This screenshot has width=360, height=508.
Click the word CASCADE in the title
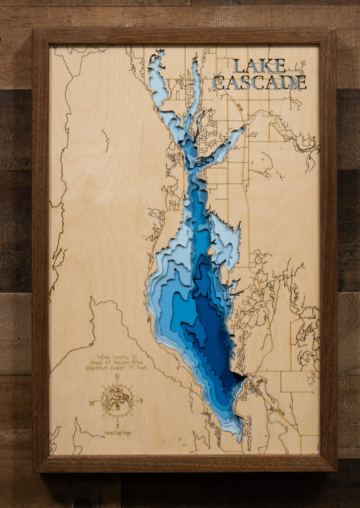(259, 82)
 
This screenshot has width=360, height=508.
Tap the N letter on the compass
(117, 376)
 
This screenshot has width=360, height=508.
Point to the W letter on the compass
(92, 401)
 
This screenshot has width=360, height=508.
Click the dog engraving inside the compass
(117, 400)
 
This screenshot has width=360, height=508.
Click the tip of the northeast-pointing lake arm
(242, 130)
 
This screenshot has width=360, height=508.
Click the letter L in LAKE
(238, 66)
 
